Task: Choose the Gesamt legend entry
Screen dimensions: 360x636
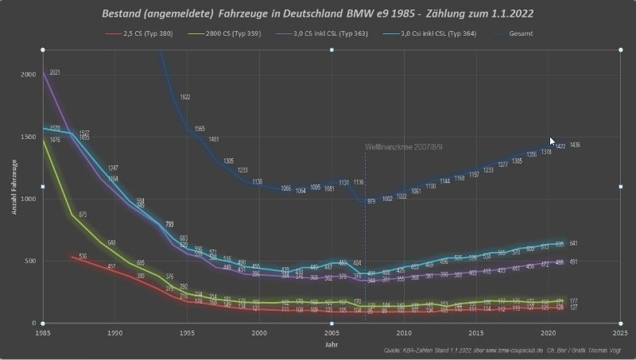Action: point(524,35)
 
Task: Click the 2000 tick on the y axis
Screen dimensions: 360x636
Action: point(29,74)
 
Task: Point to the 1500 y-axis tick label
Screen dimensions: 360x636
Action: point(29,137)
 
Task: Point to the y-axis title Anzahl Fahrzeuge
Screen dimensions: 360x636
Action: point(14,187)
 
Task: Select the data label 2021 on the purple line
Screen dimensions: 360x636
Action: point(55,72)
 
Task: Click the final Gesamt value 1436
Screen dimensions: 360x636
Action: point(575,145)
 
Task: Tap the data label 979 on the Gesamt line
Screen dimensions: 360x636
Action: point(371,202)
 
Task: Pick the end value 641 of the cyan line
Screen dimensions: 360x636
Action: point(574,243)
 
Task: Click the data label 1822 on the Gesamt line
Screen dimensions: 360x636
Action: point(185,97)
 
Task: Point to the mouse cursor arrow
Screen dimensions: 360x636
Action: point(553,141)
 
